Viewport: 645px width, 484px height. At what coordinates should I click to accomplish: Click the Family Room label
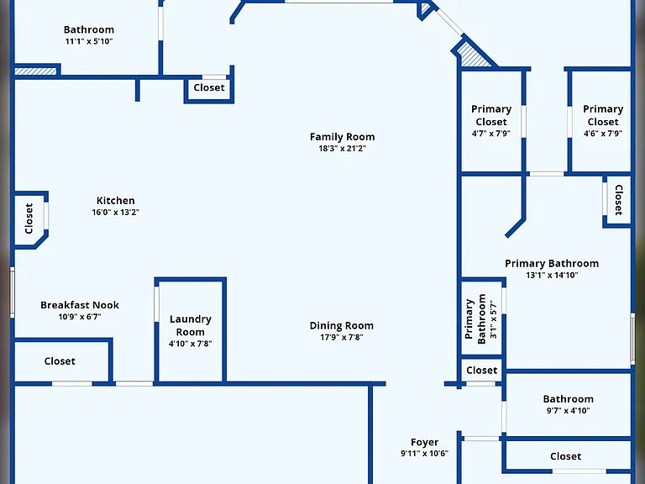[x=342, y=137]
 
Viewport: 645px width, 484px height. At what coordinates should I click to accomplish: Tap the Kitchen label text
[x=116, y=201]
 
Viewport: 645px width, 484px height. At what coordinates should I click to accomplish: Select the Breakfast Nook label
[x=80, y=305]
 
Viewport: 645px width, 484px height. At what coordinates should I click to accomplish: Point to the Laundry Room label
[x=191, y=325]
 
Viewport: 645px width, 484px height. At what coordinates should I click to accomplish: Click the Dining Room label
[x=342, y=325]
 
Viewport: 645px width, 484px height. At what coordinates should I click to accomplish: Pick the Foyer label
[x=424, y=442]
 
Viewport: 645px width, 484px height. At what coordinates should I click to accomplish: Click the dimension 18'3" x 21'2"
[x=342, y=149]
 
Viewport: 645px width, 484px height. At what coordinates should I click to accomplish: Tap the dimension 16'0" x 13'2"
[x=116, y=213]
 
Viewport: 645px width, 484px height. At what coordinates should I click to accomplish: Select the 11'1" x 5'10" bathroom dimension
[x=89, y=41]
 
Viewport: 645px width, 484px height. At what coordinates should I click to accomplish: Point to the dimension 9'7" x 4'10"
[x=568, y=410]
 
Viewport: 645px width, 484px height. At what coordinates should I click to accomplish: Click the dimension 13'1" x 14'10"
[x=552, y=276]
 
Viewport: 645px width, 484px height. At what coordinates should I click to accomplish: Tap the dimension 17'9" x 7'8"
[x=342, y=338]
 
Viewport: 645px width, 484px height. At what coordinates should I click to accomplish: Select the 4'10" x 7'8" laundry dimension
[x=191, y=344]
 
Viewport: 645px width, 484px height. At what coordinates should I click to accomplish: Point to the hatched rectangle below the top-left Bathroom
[x=35, y=71]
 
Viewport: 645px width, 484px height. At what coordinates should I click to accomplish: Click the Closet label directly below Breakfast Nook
[x=60, y=361]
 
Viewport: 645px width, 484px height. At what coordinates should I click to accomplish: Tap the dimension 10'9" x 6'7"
[x=80, y=317]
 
